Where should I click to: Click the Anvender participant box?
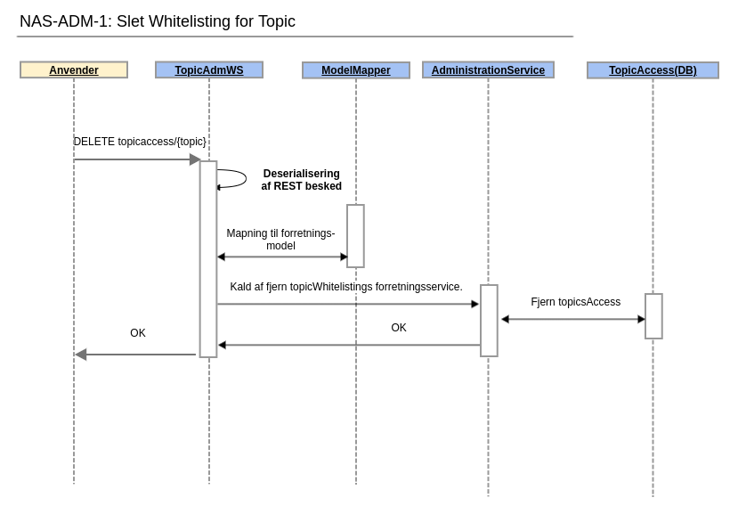(74, 69)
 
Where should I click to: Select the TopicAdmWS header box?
(209, 69)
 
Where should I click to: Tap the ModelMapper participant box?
(356, 70)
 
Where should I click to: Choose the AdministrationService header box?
(488, 69)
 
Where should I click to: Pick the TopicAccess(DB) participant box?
(653, 70)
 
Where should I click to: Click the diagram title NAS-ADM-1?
(158, 21)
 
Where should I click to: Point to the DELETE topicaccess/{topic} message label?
(140, 142)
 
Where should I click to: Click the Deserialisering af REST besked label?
(301, 180)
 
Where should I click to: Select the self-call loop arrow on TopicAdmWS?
(238, 178)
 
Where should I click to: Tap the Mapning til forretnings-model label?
(280, 240)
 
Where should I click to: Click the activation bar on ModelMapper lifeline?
(355, 236)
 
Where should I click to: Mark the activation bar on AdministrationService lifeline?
(489, 321)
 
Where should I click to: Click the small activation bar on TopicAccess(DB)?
(653, 316)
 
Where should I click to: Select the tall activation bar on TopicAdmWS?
(208, 259)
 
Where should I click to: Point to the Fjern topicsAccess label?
(575, 302)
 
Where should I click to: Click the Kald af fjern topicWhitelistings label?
(346, 287)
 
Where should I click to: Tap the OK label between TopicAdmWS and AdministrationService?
(399, 328)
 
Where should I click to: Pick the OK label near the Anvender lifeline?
(138, 333)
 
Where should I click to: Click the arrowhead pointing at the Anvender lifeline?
(81, 355)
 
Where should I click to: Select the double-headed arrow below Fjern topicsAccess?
(573, 319)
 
